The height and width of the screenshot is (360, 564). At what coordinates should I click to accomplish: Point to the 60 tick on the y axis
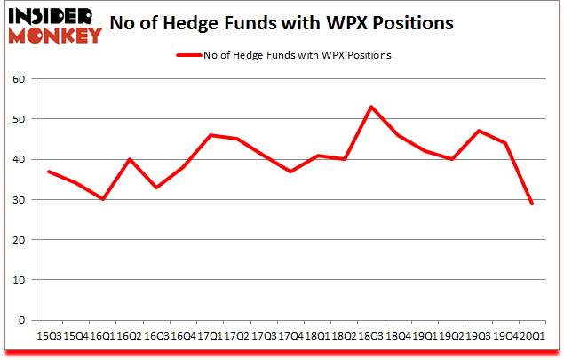(18, 79)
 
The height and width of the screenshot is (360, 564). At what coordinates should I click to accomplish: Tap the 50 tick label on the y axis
(18, 119)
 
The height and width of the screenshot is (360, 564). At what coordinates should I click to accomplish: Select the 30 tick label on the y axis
(18, 200)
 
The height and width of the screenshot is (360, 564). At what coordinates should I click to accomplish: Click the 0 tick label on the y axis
(20, 320)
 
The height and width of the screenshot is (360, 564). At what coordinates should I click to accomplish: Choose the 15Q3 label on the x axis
(49, 338)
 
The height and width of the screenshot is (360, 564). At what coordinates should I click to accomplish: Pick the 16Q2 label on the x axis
(130, 338)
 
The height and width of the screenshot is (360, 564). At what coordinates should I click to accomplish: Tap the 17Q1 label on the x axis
(210, 338)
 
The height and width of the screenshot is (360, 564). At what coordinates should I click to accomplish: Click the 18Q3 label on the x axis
(371, 338)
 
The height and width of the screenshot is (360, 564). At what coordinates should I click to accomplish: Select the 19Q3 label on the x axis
(479, 338)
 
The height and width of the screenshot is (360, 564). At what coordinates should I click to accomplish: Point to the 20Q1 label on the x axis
(532, 338)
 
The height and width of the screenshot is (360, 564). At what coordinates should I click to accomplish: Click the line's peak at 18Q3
(371, 107)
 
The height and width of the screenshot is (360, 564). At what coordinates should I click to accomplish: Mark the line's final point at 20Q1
(532, 204)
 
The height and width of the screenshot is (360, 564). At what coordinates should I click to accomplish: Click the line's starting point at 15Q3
(49, 172)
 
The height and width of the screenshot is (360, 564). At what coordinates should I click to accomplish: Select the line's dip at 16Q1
(103, 199)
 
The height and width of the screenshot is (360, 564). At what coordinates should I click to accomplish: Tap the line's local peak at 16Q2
(130, 159)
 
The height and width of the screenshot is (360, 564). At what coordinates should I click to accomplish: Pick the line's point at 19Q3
(479, 131)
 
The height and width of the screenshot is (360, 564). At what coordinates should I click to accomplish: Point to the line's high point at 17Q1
(210, 135)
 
